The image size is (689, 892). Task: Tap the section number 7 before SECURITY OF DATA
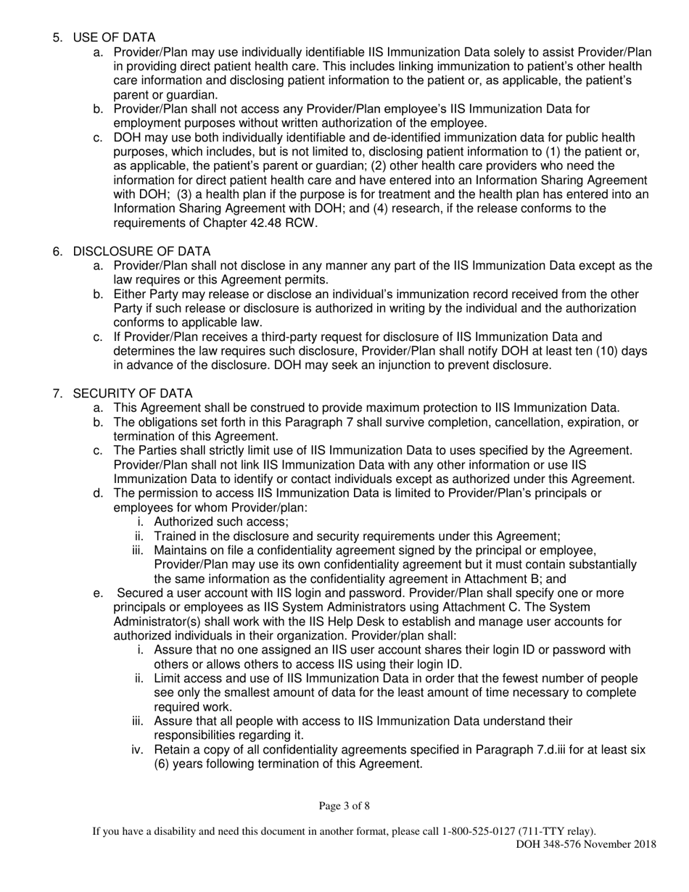click(x=57, y=394)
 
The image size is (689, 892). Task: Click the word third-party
click(x=299, y=336)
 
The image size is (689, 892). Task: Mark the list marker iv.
click(x=138, y=750)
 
